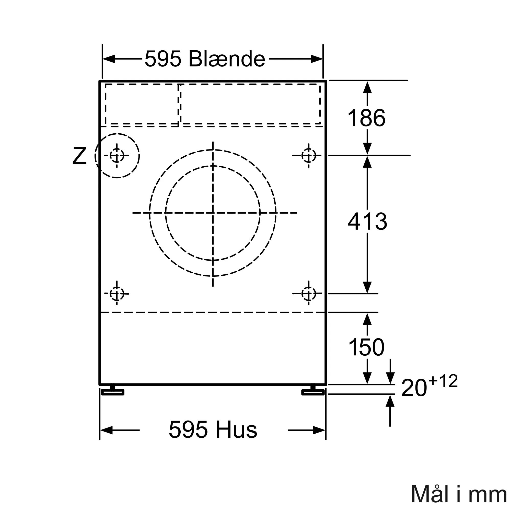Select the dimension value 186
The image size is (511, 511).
366,118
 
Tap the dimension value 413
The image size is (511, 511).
367,221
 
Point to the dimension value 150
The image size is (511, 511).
366,347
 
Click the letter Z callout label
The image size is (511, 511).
79,156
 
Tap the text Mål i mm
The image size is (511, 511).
458,494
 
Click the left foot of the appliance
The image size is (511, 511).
113,392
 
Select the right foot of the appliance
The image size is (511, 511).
313,392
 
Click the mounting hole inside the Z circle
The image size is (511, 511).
117,156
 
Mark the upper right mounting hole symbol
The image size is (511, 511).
309,156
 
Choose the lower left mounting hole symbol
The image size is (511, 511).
117,294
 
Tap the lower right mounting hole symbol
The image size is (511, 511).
309,294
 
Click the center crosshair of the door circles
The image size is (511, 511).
213,213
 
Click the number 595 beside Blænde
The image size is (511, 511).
163,59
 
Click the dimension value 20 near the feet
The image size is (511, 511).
414,388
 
